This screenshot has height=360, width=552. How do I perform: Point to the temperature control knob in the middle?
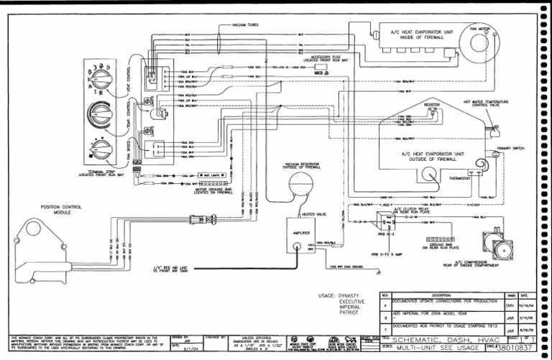pyautogui.click(x=97, y=112)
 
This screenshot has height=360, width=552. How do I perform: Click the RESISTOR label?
pyautogui.click(x=431, y=104)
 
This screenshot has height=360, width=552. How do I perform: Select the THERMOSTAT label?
pyautogui.click(x=460, y=177)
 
